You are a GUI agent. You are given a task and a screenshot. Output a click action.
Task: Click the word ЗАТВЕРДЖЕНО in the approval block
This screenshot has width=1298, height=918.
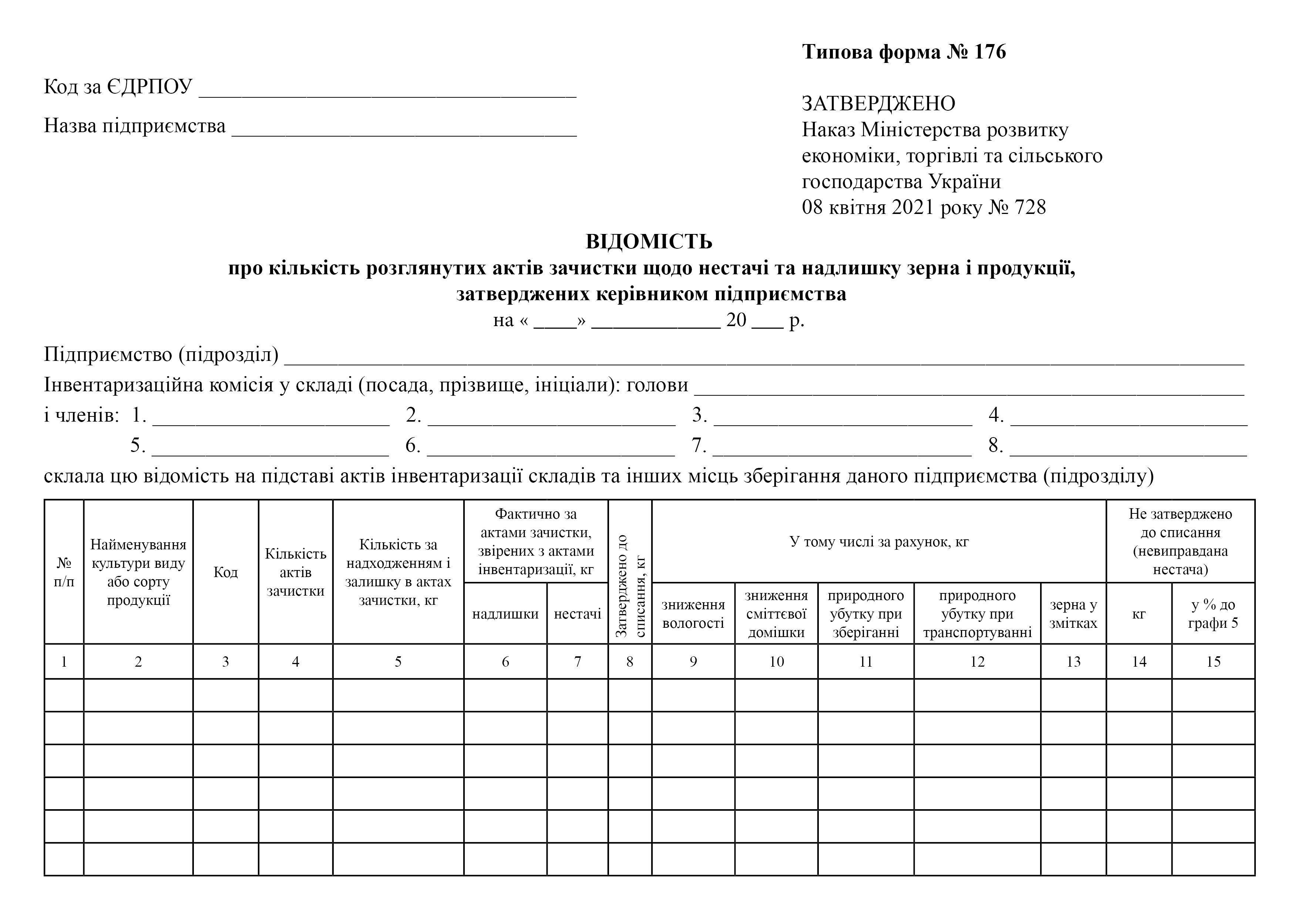pos(878,104)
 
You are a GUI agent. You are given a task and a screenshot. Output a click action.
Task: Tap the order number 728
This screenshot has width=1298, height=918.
pos(1030,208)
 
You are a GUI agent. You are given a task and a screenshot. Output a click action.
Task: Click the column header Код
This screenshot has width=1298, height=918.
pos(226,572)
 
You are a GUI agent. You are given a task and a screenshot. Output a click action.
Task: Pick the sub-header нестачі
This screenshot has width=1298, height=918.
pos(578,614)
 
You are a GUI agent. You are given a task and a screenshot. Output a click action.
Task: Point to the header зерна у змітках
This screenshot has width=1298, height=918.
pos(1073,614)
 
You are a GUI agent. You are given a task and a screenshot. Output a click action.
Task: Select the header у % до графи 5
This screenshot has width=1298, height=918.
pos(1213,614)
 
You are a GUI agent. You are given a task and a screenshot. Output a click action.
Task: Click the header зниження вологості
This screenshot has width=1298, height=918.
pos(693,614)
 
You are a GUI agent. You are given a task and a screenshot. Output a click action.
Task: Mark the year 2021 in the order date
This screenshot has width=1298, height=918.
pos(914,208)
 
